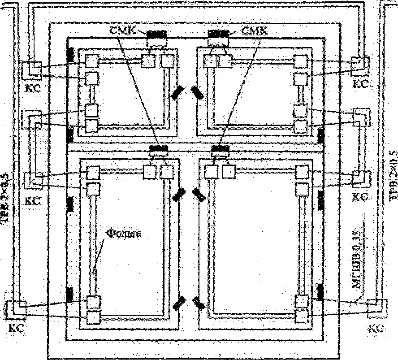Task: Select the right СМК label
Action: [254, 31]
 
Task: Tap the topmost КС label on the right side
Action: [360, 83]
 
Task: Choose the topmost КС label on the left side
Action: [33, 87]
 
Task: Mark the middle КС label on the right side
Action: [360, 197]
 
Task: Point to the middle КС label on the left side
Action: [33, 200]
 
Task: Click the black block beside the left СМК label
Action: [157, 34]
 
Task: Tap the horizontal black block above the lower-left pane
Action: [157, 149]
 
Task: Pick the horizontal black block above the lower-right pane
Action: [220, 149]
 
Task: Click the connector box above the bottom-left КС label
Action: [19, 309]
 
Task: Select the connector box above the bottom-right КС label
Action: [376, 306]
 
